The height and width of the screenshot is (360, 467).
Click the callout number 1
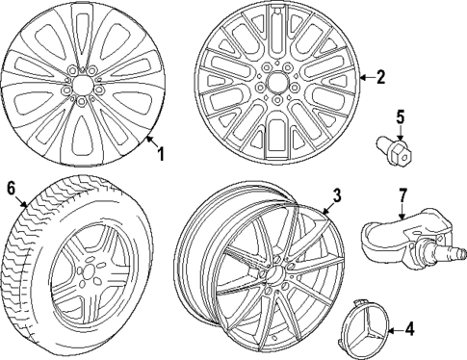point(161,153)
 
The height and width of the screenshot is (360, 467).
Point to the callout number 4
point(408,330)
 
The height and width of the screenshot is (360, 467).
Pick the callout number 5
point(401,119)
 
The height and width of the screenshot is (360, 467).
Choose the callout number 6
point(11,188)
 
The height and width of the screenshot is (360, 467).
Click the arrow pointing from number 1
point(146,142)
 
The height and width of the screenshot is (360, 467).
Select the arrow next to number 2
point(363,76)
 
